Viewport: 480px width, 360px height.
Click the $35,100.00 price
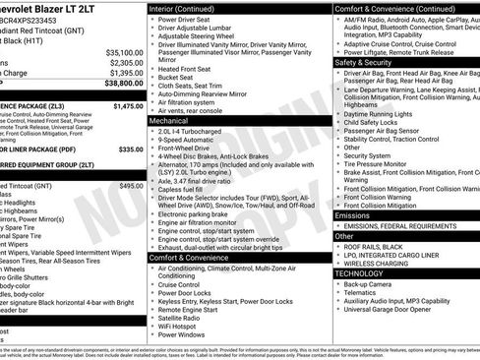tap(124, 52)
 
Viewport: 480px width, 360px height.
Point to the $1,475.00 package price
tap(128, 105)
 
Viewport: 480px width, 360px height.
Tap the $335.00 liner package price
tap(131, 150)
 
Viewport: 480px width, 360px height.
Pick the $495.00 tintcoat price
tap(131, 185)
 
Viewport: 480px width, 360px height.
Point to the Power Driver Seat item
tap(186, 20)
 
